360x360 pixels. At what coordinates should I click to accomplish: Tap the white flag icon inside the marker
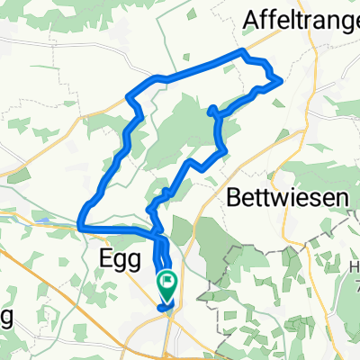pos(168,283)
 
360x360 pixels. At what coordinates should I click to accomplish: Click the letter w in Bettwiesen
pos(274,195)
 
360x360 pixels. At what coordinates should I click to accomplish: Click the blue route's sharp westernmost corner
pos(81,223)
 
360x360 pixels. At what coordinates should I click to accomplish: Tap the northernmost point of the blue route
pos(241,53)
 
